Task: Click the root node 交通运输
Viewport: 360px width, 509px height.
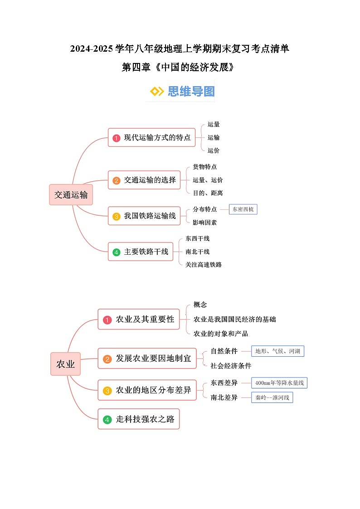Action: click(71, 194)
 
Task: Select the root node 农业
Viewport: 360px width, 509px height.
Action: click(65, 364)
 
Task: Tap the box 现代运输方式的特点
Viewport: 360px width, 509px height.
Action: click(151, 137)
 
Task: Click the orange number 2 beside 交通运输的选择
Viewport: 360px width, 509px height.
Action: click(117, 180)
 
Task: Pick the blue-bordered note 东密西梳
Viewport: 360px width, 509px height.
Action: click(243, 209)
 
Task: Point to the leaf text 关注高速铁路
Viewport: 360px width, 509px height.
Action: click(204, 265)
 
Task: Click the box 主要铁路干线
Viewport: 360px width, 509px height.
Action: click(141, 252)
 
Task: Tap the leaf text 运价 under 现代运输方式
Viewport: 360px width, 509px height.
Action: click(214, 150)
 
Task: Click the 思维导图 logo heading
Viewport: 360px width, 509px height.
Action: click(182, 91)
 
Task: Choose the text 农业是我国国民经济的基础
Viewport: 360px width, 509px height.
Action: click(234, 320)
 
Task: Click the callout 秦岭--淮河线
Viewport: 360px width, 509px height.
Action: click(272, 398)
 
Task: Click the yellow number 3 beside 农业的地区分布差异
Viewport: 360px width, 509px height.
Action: click(107, 391)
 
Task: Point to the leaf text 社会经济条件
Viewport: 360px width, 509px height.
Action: click(231, 365)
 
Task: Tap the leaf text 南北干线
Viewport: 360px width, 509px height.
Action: click(198, 252)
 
